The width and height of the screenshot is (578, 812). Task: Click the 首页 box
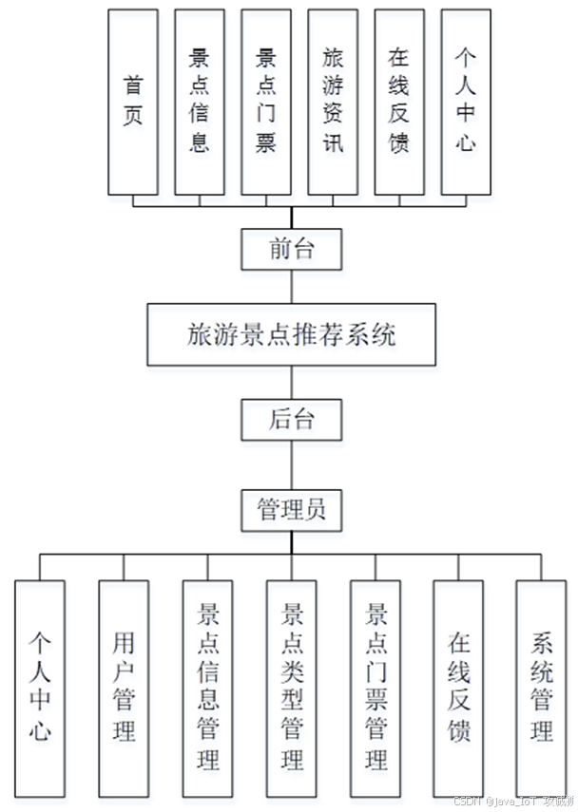133,102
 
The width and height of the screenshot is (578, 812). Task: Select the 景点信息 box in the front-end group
200,102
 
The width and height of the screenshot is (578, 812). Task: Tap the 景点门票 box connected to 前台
266,102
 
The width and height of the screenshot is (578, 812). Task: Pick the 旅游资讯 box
333,102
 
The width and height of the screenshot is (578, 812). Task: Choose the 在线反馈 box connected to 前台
399,102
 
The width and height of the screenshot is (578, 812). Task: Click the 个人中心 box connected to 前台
466,102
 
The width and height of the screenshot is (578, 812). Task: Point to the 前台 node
291,250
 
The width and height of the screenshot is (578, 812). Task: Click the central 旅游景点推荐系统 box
291,334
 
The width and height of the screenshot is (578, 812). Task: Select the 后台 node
291,419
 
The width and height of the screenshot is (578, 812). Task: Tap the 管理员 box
291,510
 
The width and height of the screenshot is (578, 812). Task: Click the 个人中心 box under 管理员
40,688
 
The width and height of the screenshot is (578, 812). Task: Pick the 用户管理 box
124,688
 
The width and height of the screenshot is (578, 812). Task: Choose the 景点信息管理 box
207,688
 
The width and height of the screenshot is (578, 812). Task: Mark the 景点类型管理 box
291,688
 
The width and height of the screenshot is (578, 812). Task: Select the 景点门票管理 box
376,688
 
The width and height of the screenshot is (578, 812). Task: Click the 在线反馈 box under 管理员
458,688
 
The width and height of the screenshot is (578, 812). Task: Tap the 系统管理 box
542,688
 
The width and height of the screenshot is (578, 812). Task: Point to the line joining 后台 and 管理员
292,465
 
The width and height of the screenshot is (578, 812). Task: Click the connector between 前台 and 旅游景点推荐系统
292,287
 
